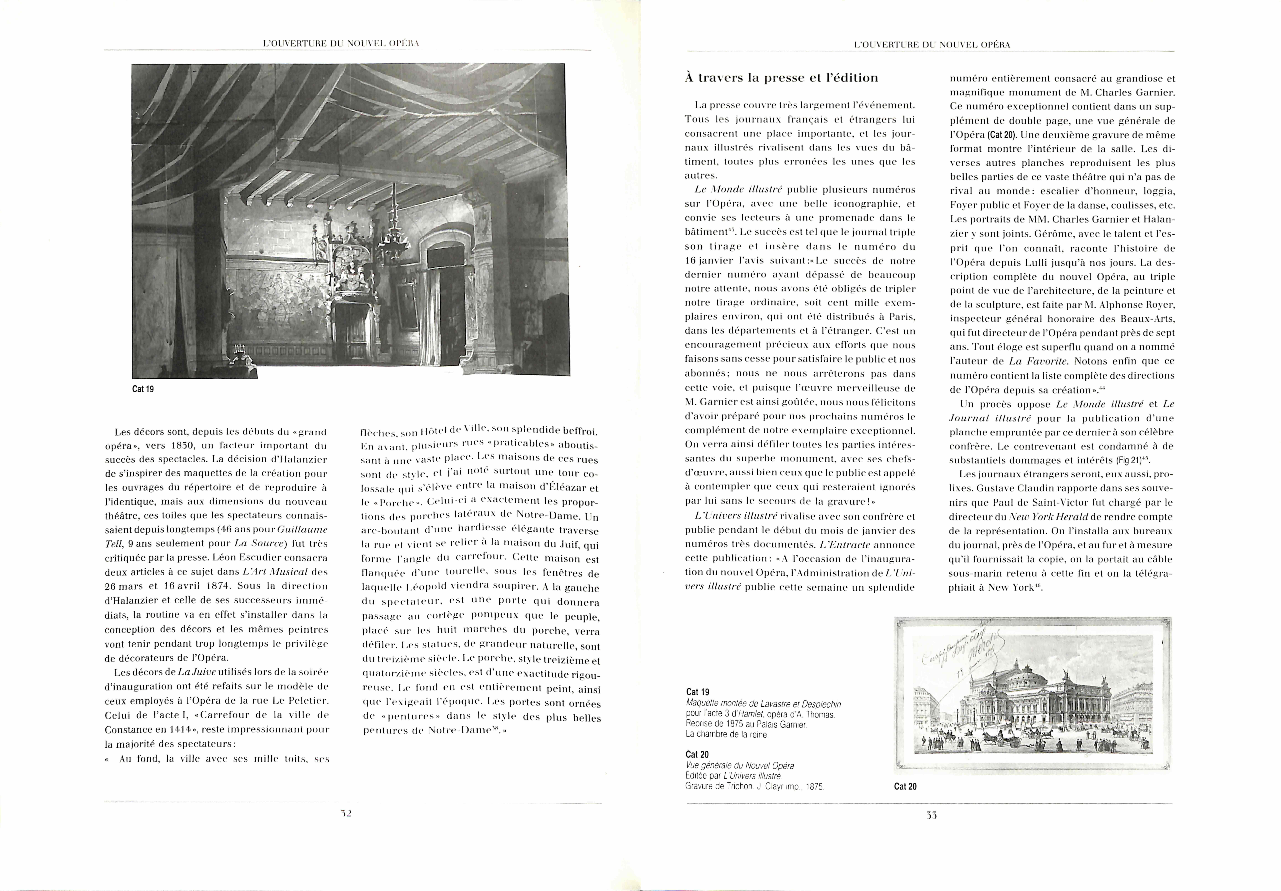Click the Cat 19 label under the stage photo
pos(143,389)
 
